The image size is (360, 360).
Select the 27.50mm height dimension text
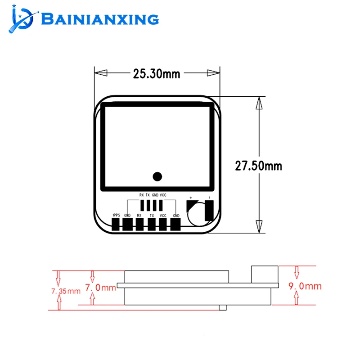[x=259, y=166]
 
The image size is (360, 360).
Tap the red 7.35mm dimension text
[x=66, y=291]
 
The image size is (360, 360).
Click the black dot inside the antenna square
[x=157, y=176]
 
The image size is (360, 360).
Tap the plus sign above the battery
[x=191, y=198]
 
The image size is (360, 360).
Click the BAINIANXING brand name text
[x=100, y=19]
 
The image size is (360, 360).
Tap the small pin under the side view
[x=222, y=307]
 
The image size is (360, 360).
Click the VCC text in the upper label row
[x=163, y=195]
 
